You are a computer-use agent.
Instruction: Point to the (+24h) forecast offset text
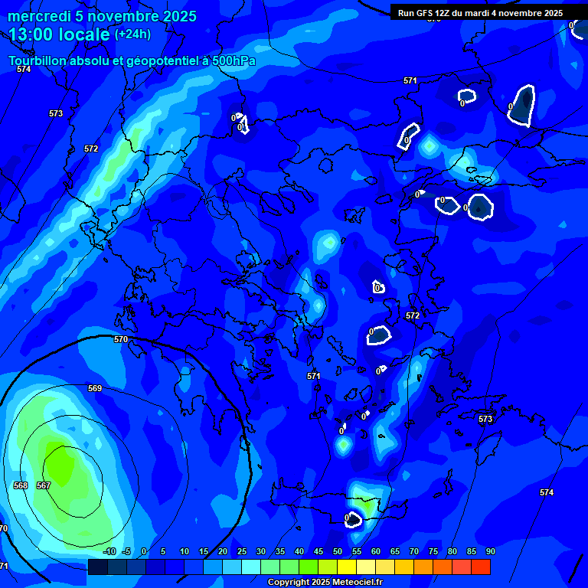(132, 34)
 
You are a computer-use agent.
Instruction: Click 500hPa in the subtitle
(234, 60)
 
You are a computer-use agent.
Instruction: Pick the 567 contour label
(44, 486)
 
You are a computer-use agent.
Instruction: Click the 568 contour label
(21, 486)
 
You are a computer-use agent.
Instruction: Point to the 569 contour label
(95, 389)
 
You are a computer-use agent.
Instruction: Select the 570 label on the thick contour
(121, 339)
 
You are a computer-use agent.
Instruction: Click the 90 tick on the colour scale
(490, 551)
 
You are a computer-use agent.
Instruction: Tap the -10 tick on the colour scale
(109, 551)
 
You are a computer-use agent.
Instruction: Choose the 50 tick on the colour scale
(338, 551)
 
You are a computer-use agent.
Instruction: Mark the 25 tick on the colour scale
(242, 551)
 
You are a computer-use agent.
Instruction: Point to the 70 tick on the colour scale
(414, 551)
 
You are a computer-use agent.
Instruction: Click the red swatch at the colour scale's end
(481, 567)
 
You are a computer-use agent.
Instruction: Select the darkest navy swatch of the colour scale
(97, 567)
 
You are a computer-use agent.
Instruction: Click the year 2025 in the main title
(175, 16)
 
